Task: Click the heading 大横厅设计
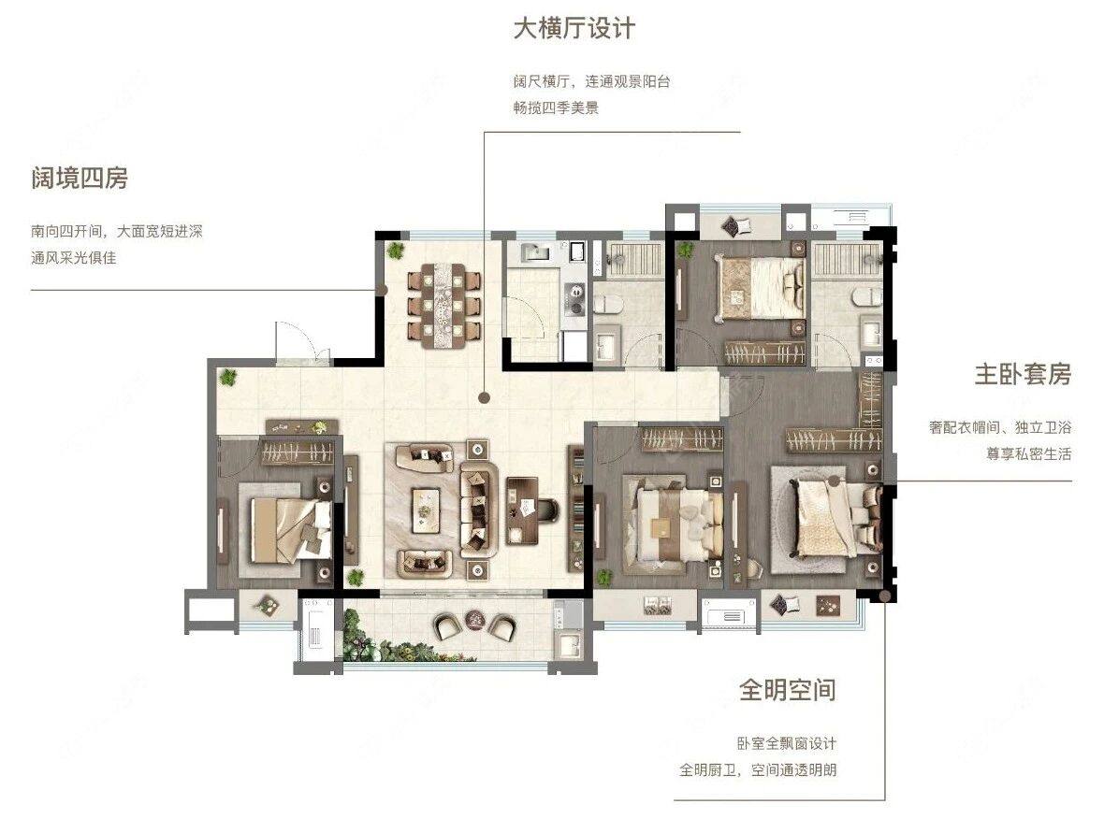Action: (573, 28)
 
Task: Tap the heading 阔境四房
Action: (80, 178)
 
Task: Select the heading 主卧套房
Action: (1021, 374)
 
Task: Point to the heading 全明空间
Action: (787, 690)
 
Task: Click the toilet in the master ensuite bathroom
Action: (866, 294)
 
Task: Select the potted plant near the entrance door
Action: (226, 378)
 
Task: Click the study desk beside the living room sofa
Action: (522, 510)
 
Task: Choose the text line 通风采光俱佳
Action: (73, 257)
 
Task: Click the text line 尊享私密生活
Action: (1026, 453)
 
